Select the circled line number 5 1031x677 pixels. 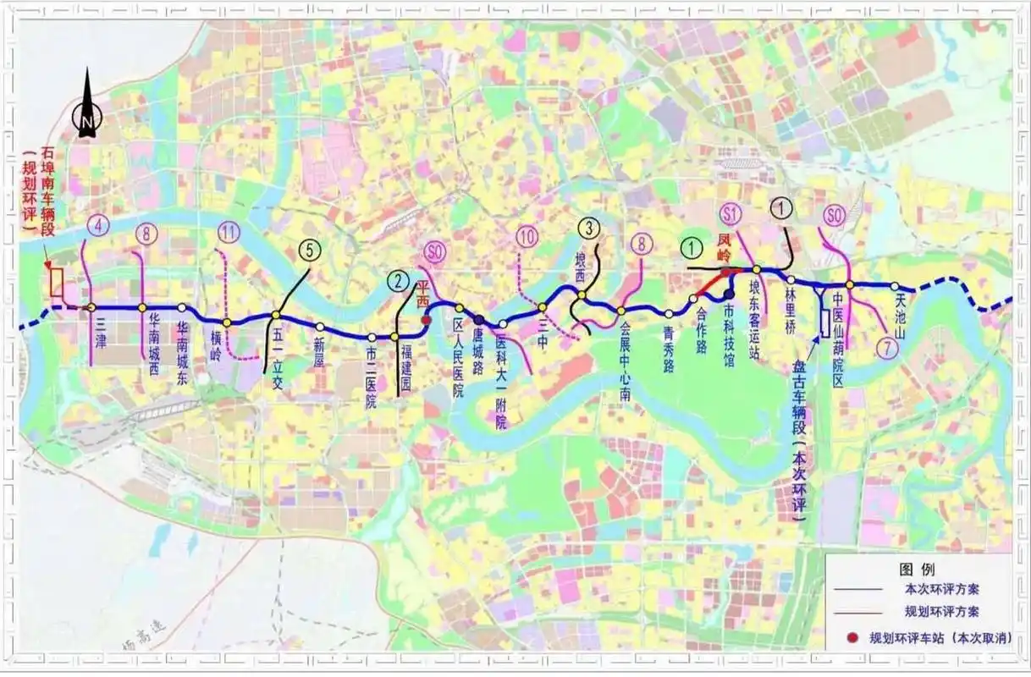click(311, 250)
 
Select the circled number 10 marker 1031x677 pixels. click(527, 236)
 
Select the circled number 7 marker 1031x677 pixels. click(886, 347)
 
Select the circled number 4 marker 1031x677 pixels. click(99, 226)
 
